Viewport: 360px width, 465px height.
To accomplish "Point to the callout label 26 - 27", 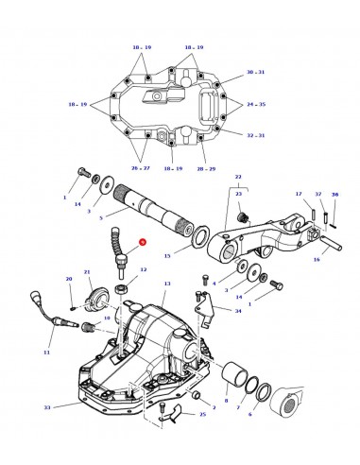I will point(141,168).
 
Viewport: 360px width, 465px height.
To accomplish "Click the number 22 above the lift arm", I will point(238,177).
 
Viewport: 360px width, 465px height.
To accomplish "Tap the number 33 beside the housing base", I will point(47,407).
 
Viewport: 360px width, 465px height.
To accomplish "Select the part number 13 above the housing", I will point(167,284).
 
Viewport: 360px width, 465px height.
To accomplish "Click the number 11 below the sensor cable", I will point(47,352).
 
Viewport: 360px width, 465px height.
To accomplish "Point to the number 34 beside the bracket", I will point(238,310).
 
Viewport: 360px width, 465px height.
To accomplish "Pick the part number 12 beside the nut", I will point(143,270).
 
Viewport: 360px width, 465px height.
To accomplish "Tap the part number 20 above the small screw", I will point(68,279).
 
